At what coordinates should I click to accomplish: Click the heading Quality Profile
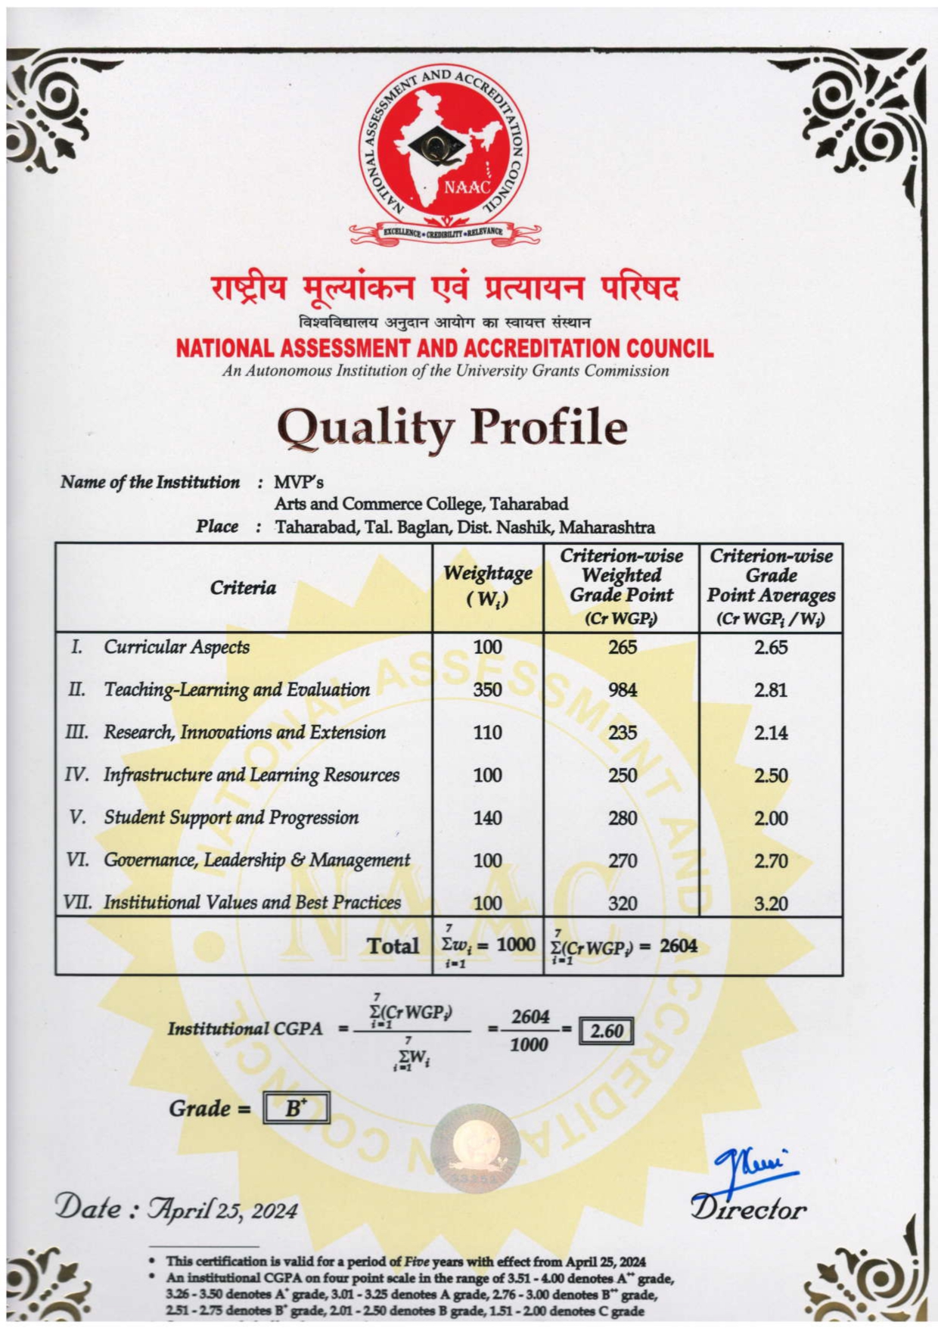(452, 426)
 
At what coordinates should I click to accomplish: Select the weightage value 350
(487, 689)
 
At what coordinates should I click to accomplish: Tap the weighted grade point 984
(623, 689)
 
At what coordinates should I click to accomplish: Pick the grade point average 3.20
(770, 903)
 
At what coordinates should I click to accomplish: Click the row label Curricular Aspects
(176, 647)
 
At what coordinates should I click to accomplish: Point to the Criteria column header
(243, 588)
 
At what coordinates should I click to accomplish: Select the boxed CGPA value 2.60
(606, 1031)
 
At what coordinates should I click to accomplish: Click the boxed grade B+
(296, 1109)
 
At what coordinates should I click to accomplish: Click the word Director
(747, 1208)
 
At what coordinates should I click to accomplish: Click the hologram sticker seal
(475, 1145)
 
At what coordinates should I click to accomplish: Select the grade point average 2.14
(770, 732)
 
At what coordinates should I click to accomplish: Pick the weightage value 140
(487, 818)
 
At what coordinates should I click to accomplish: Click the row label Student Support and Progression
(231, 818)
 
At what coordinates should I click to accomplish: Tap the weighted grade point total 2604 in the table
(678, 946)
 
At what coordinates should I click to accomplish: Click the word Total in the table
(393, 946)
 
